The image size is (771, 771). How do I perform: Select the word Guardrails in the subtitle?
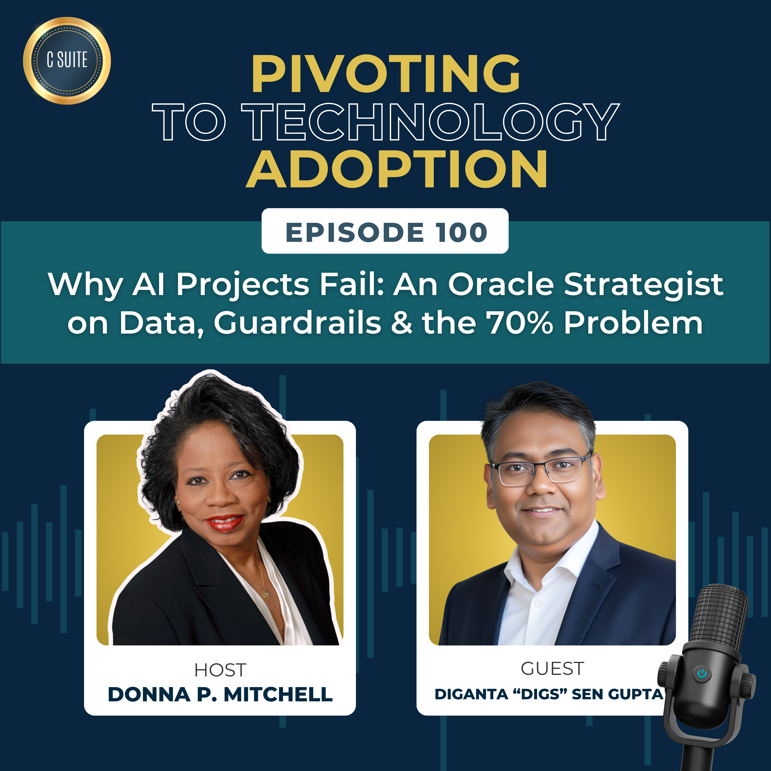(297, 323)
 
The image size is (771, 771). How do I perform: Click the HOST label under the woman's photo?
(220, 670)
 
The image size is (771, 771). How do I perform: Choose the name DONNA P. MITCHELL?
(220, 694)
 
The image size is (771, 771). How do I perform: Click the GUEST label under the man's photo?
(552, 668)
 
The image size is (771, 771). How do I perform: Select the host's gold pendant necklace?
(265, 595)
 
